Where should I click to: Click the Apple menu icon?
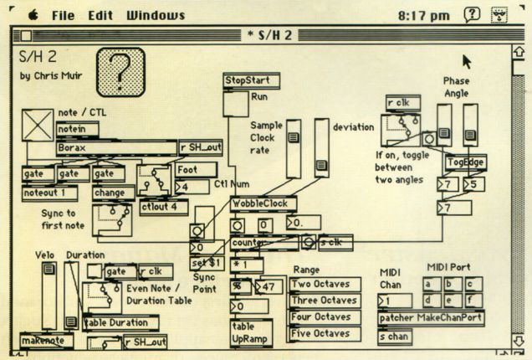(33, 14)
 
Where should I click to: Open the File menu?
(67, 15)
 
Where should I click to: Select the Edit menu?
(100, 15)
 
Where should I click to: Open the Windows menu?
(156, 15)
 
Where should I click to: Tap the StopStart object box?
(251, 80)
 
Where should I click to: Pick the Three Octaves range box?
(325, 301)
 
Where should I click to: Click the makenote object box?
(47, 341)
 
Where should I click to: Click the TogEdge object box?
(465, 162)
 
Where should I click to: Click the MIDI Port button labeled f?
(473, 300)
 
